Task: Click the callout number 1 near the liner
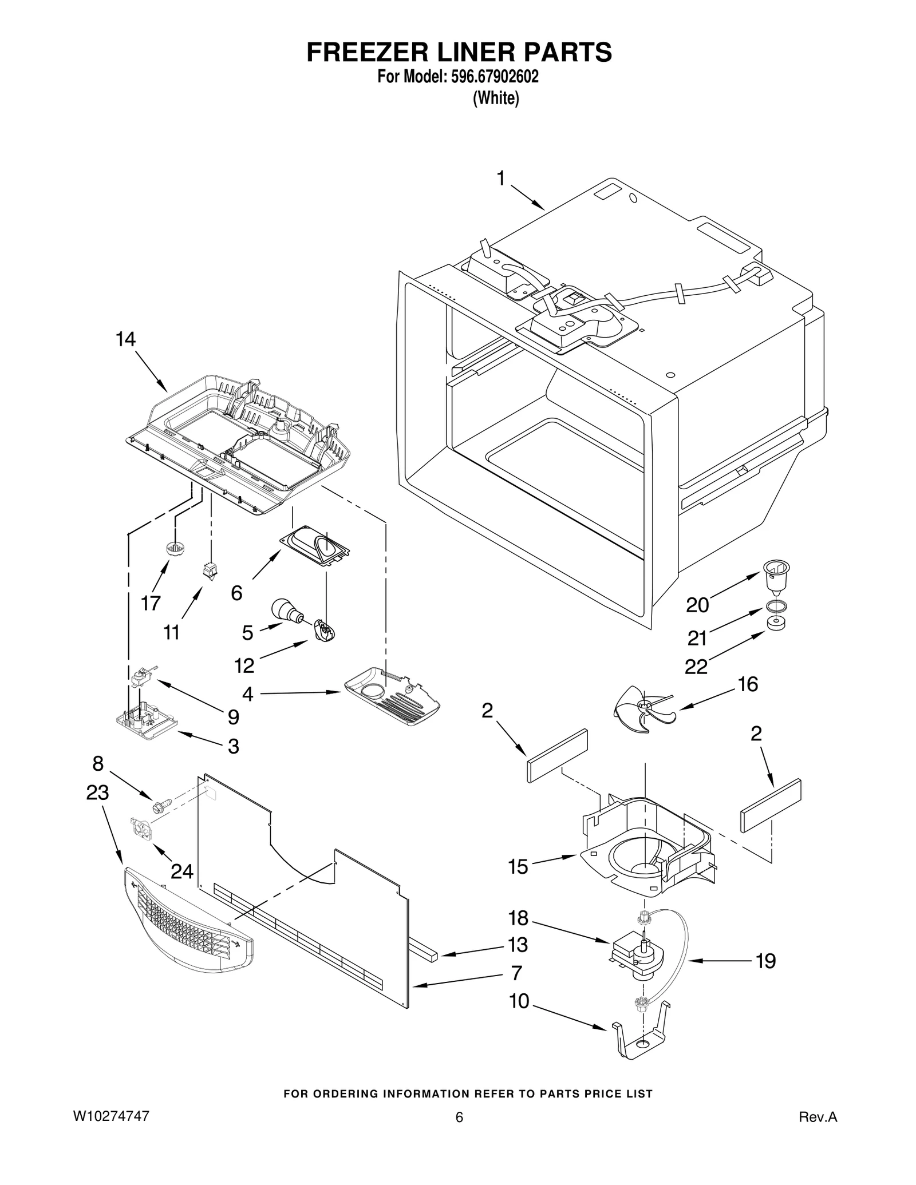tap(500, 179)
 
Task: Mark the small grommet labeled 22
tap(775, 623)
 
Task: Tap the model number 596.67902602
tap(489, 77)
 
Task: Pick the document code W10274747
tap(110, 1116)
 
